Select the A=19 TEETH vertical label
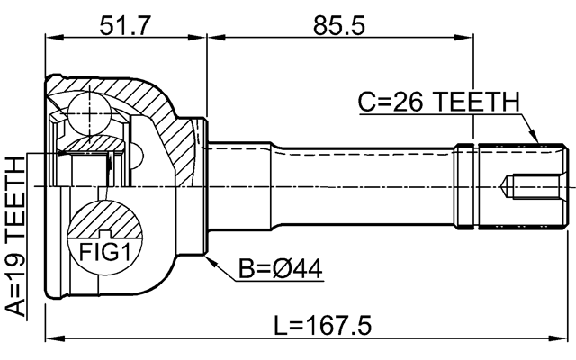point(15,236)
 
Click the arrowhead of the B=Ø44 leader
point(210,258)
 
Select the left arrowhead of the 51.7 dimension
point(50,37)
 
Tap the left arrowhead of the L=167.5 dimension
point(50,339)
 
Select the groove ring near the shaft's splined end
point(465,187)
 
